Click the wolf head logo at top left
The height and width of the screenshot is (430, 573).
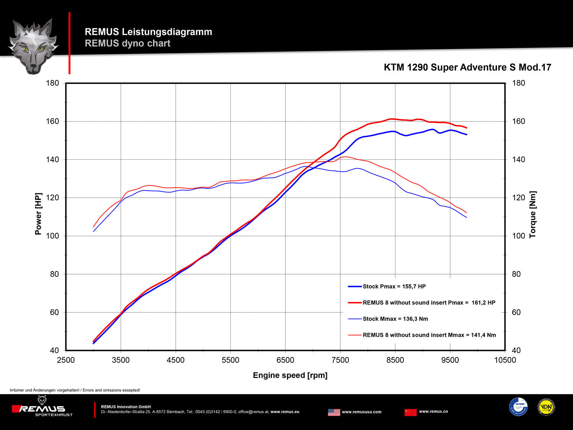(x=33, y=46)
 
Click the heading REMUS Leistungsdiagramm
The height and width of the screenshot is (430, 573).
(x=148, y=32)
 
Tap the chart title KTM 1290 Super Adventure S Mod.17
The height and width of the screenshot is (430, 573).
(x=467, y=67)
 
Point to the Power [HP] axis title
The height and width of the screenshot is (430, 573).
(x=38, y=214)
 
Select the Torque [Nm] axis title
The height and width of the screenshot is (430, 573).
(x=533, y=215)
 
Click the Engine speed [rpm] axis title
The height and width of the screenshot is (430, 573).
(x=290, y=375)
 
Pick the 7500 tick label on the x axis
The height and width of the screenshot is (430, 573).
(x=340, y=360)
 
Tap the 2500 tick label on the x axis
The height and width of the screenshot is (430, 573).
(x=66, y=360)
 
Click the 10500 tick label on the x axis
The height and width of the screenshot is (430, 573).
(x=505, y=360)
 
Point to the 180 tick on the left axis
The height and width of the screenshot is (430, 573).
(x=53, y=83)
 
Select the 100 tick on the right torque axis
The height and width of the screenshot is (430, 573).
(x=518, y=236)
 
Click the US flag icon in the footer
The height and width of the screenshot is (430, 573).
(x=334, y=412)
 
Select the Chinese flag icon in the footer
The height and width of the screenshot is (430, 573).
(x=411, y=412)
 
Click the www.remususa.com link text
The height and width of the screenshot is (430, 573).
(x=361, y=412)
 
